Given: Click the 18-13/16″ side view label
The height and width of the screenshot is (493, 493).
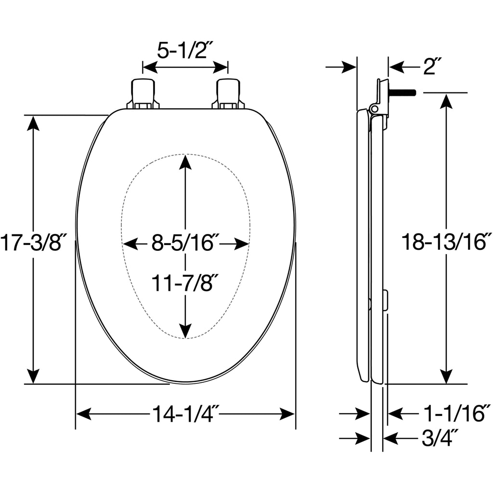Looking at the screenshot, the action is pos(446,242).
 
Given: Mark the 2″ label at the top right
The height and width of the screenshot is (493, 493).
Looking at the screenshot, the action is pos(433,66).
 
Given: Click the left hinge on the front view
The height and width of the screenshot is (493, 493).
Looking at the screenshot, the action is pos(143,94).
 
